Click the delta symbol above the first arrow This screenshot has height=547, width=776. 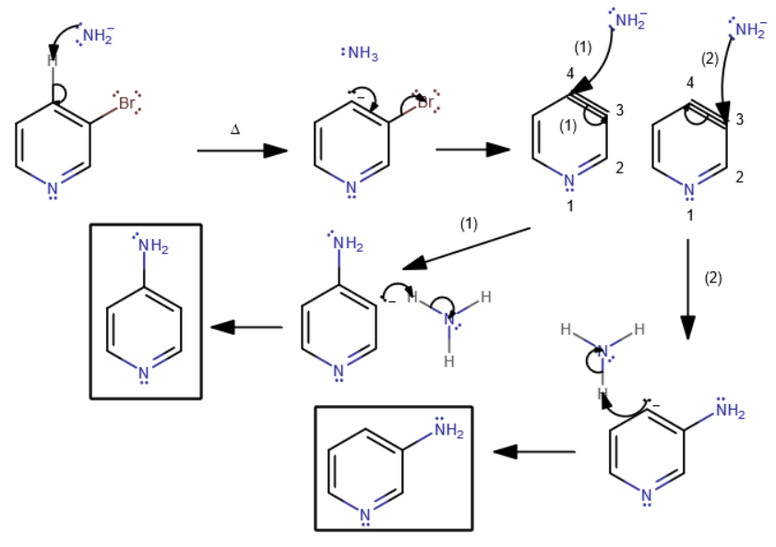pos(235,131)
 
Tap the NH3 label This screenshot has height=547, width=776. pos(362,54)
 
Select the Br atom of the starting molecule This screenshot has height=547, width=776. pos(125,103)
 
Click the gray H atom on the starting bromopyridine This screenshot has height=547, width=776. pos(53,62)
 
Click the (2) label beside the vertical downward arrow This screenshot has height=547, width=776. pos(711,276)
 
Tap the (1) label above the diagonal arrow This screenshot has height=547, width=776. pos(469,224)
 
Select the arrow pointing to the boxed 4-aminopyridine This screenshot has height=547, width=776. pos(246,327)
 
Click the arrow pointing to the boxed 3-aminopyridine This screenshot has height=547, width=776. pos(535,452)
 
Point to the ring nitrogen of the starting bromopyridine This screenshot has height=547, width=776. pos(53,190)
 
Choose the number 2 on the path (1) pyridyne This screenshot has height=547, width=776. pos(620,167)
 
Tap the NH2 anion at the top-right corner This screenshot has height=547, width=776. pos(751,30)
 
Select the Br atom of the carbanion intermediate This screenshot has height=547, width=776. pos(424,103)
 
